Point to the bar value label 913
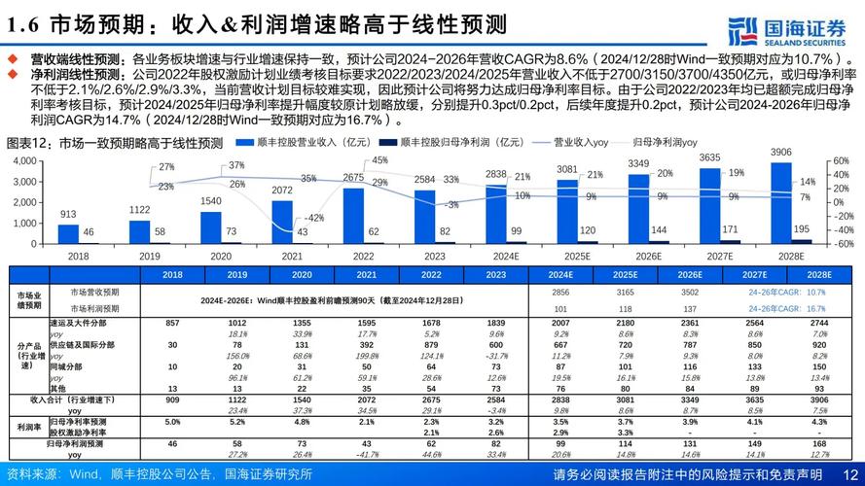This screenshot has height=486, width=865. click(x=68, y=215)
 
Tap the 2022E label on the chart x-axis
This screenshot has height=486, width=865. click(x=362, y=255)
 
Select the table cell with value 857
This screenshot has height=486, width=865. click(x=173, y=322)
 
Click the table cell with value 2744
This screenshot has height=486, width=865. click(x=818, y=322)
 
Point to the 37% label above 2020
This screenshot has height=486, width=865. click(x=237, y=166)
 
